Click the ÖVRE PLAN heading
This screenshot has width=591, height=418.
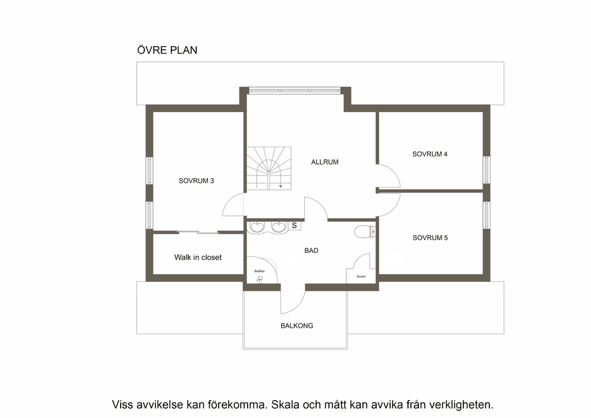[167, 50]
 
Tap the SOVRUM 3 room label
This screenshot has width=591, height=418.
[196, 181]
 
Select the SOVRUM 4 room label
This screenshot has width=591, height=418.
[429, 154]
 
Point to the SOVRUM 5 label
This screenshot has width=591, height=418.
[430, 238]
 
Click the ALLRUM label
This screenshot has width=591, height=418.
[324, 162]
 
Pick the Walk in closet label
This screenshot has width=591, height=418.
[198, 257]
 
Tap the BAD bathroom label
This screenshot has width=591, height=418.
[311, 251]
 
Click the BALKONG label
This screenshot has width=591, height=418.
[297, 326]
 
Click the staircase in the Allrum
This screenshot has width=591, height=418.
[269, 169]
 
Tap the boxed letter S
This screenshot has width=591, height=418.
[294, 225]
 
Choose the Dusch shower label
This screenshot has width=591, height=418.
[361, 277]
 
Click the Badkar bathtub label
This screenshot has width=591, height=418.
[259, 271]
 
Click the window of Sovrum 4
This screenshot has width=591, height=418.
[487, 170]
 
